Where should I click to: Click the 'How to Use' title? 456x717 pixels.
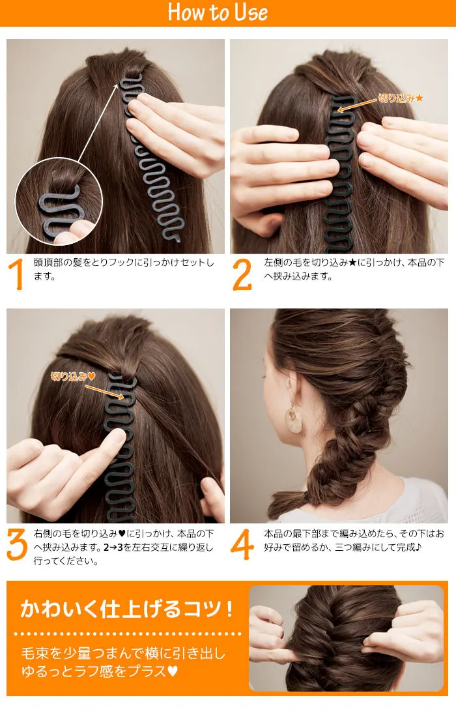point(218,13)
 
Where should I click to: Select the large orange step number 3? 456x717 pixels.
point(18,544)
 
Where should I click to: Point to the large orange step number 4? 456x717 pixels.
point(242,544)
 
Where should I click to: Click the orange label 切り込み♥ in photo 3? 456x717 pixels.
point(74,376)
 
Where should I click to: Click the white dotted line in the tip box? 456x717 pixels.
point(127,633)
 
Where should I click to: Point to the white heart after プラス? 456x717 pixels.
point(173,671)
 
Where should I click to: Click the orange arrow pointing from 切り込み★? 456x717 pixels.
point(358,105)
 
